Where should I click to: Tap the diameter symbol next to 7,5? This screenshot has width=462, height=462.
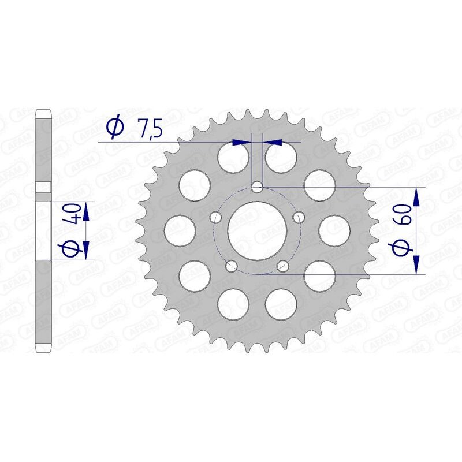tap(115, 128)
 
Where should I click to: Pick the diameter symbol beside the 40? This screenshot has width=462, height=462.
tap(72, 249)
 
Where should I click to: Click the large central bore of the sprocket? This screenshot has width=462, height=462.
tap(258, 230)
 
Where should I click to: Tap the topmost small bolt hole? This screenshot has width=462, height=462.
tap(258, 187)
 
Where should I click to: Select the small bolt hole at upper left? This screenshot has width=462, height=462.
tap(217, 217)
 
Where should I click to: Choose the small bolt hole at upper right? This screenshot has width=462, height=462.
tap(299, 217)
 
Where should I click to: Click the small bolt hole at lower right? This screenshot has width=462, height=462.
tap(283, 266)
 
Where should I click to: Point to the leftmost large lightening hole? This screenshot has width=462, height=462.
tap(179, 230)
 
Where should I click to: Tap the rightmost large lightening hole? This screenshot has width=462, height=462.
tap(336, 230)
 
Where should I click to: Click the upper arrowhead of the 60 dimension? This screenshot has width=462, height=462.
tap(416, 196)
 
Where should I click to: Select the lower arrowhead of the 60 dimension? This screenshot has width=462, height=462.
tap(416, 264)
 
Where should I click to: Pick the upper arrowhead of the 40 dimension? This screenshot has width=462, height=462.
tap(85, 211)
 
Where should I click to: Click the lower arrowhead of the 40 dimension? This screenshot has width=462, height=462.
tap(85, 249)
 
